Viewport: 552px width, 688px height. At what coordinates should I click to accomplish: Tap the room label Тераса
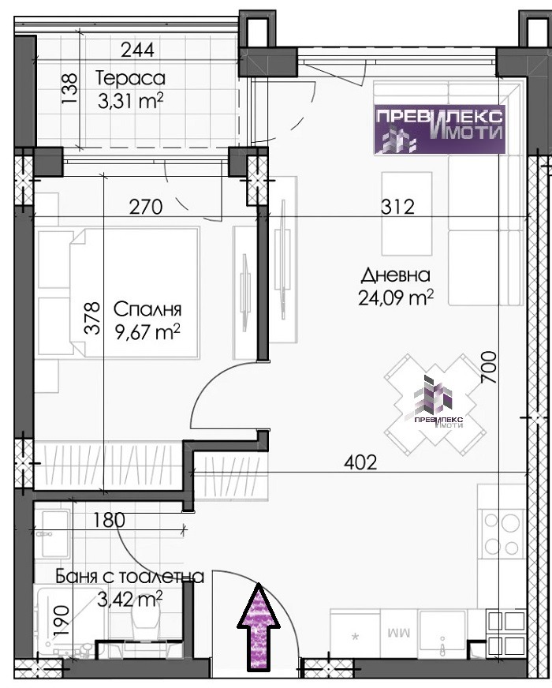coord(130,79)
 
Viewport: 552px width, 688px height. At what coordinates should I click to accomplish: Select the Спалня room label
coord(147,310)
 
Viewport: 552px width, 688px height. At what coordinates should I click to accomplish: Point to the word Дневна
coord(396,275)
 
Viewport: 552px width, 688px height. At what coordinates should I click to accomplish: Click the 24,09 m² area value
coord(396,298)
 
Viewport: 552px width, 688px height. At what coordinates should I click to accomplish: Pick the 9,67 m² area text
coord(147,333)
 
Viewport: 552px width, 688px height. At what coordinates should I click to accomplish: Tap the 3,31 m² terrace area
coord(130,101)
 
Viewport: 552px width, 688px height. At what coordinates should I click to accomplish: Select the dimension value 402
coord(360,462)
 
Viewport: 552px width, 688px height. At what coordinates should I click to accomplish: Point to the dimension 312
coord(397,207)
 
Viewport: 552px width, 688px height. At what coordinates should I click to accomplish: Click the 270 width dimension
coord(146,207)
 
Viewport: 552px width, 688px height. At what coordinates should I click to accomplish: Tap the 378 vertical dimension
coord(93,318)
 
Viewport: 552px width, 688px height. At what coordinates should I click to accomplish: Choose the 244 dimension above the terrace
coord(138,50)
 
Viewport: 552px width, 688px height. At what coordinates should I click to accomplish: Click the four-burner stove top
coord(503,533)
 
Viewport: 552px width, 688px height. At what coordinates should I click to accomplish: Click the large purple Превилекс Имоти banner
coord(439,129)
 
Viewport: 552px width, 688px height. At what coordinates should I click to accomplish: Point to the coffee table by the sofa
coord(406,214)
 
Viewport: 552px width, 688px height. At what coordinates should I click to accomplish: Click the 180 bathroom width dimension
coord(109,521)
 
